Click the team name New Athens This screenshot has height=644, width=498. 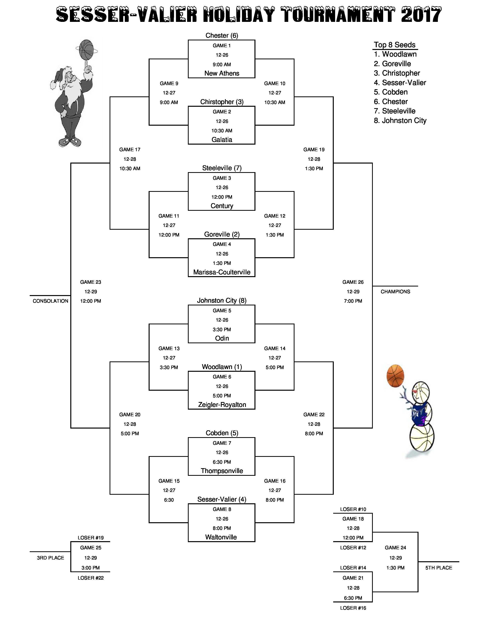pyautogui.click(x=222, y=73)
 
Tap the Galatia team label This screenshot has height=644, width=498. pyautogui.click(x=222, y=140)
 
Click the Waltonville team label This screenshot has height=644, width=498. pyautogui.click(x=221, y=537)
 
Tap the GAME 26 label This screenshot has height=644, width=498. pyautogui.click(x=353, y=282)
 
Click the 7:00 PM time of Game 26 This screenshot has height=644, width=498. pyautogui.click(x=353, y=301)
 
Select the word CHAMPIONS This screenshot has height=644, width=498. pyautogui.click(x=395, y=292)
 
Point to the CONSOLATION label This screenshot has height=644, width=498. pyautogui.click(x=50, y=301)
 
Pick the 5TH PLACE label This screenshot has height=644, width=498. pyautogui.click(x=439, y=568)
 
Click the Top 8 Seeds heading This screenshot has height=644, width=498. pyautogui.click(x=395, y=45)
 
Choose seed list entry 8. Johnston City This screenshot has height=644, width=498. pyautogui.click(x=400, y=121)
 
